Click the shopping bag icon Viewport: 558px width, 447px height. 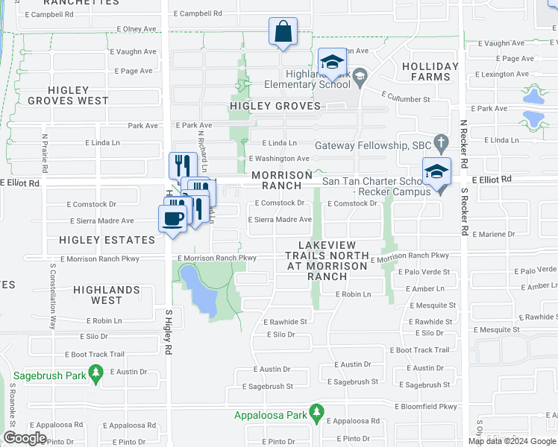pyautogui.click(x=283, y=32)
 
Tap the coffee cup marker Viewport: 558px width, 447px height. pyautogui.click(x=172, y=219)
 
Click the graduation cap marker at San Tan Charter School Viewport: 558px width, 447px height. pyautogui.click(x=436, y=172)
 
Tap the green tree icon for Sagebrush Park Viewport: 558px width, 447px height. pyautogui.click(x=95, y=372)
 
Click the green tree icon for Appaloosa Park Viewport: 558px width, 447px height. pyautogui.click(x=316, y=411)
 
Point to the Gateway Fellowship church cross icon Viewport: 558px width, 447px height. pyautogui.click(x=441, y=141)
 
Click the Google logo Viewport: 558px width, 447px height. pyautogui.click(x=25, y=438)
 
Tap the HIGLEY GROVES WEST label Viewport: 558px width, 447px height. pyautogui.click(x=68, y=95)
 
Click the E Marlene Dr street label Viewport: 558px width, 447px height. pyautogui.click(x=493, y=234)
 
